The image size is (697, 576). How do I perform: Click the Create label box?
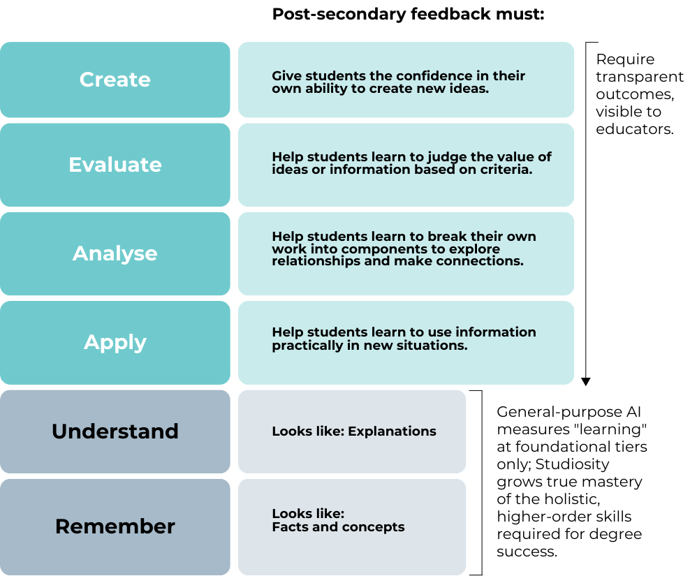[115, 80]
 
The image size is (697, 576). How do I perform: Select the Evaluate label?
[115, 165]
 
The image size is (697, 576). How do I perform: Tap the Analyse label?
[115, 253]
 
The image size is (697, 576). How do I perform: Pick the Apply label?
[115, 342]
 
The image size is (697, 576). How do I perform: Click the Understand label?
[115, 431]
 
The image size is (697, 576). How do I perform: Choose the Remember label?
[115, 526]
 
